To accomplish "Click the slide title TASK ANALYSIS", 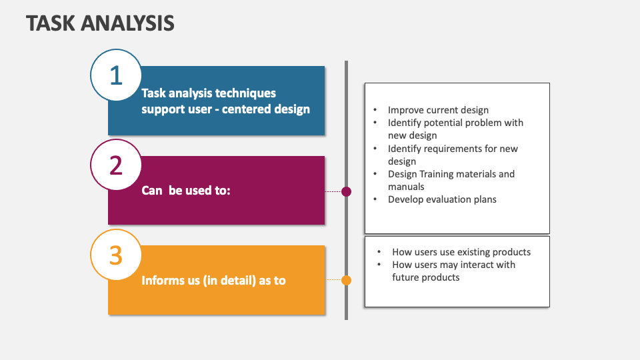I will pyautogui.click(x=100, y=23).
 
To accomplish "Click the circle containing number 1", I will pyautogui.click(x=116, y=75).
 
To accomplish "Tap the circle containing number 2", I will pyautogui.click(x=116, y=165).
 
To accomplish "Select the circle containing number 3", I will pyautogui.click(x=116, y=255).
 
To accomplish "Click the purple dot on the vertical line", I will pyautogui.click(x=346, y=191).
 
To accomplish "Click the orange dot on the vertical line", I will pyautogui.click(x=346, y=280).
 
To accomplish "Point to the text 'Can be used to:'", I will pyautogui.click(x=185, y=191).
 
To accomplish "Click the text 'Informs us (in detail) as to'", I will pyautogui.click(x=213, y=281).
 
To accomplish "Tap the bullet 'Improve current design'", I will pyautogui.click(x=438, y=110).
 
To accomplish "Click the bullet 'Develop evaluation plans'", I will pyautogui.click(x=442, y=199).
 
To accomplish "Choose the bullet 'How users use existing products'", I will pyautogui.click(x=461, y=252).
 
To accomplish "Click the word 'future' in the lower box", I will pyautogui.click(x=407, y=277).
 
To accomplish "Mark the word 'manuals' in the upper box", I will pyautogui.click(x=406, y=187).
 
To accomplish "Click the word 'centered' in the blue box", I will pyautogui.click(x=247, y=109).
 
